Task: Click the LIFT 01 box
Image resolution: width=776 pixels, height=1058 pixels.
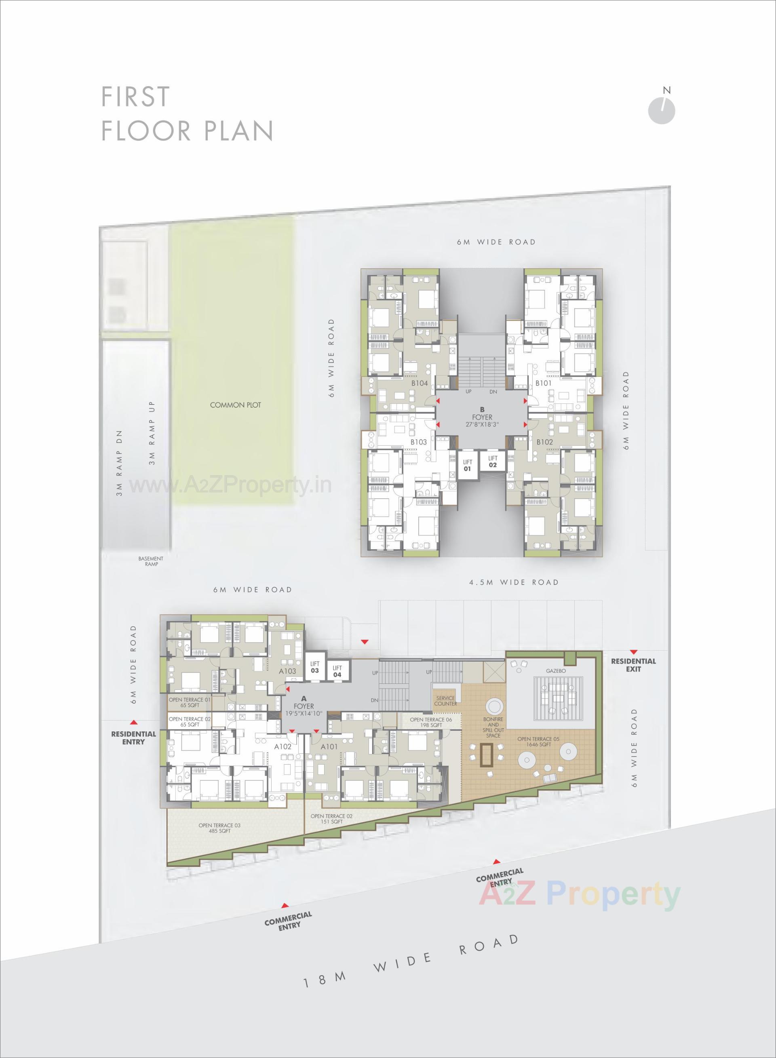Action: [467, 466]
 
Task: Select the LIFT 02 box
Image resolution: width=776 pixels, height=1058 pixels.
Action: [492, 462]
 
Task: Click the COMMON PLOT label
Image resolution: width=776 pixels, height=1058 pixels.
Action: [235, 405]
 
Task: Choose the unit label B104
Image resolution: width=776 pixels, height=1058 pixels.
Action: [420, 383]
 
